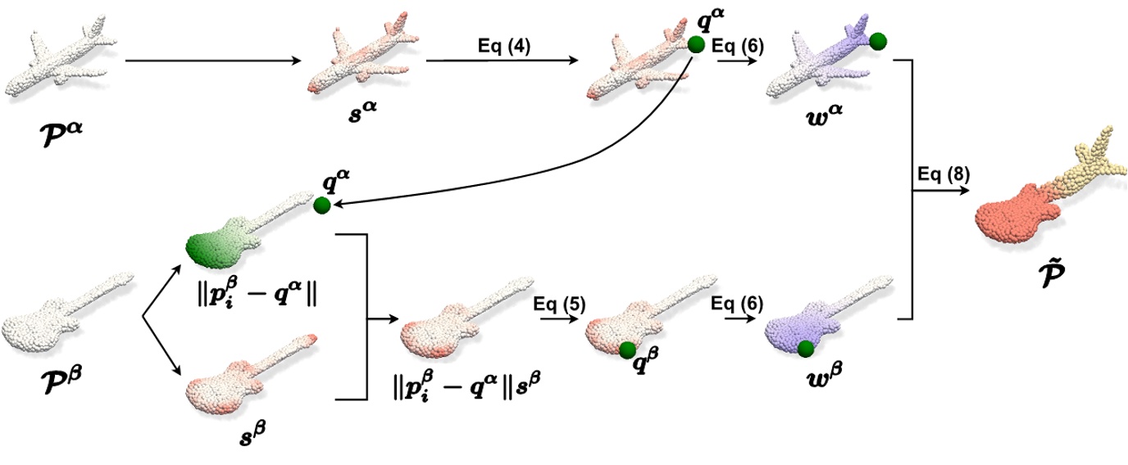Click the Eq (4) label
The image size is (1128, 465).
(503, 46)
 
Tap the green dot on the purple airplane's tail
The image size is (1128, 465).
(878, 40)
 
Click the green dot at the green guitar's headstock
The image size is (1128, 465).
(321, 205)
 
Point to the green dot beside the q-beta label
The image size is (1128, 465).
(627, 350)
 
